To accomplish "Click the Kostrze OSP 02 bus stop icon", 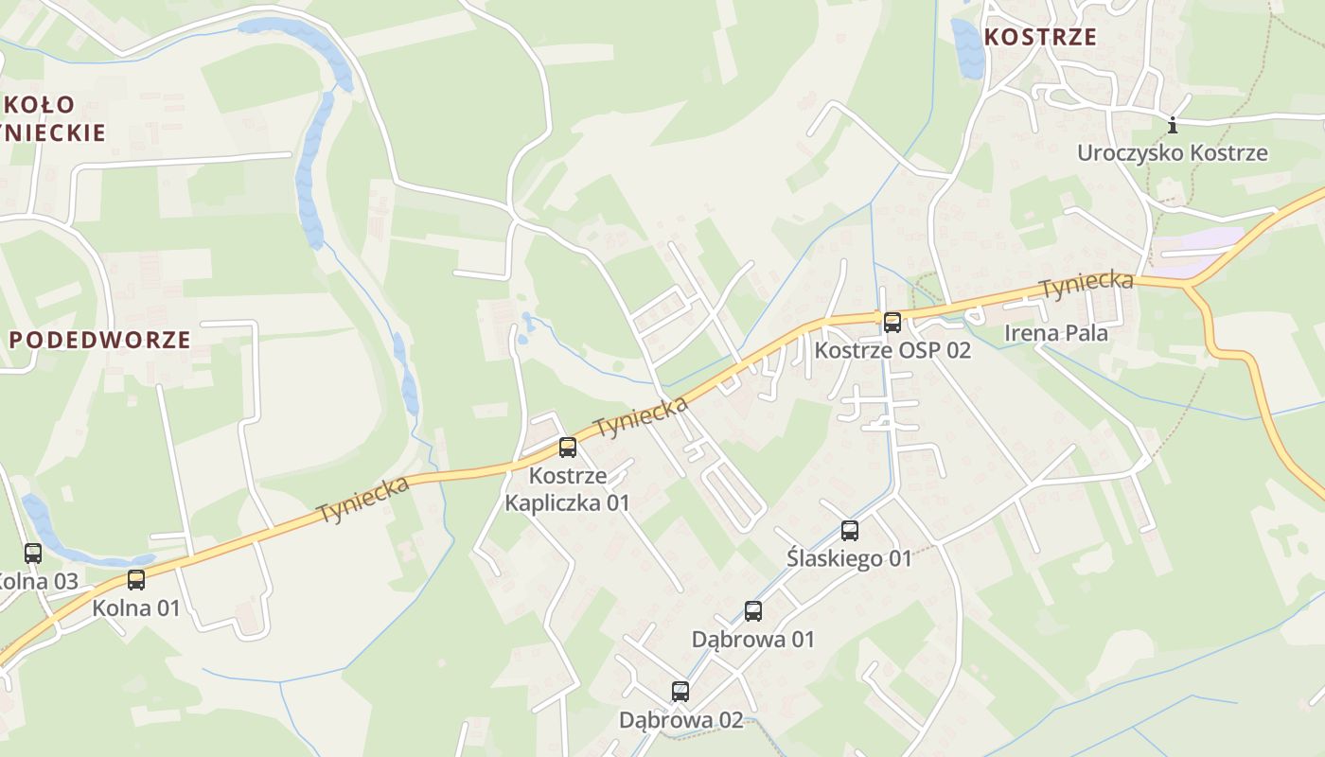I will pyautogui.click(x=892, y=323).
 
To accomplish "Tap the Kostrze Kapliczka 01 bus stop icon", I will pyautogui.click(x=568, y=448).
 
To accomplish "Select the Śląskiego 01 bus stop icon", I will pyautogui.click(x=850, y=531).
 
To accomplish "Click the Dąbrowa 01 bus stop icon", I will pyautogui.click(x=753, y=611).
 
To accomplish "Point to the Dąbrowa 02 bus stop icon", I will pyautogui.click(x=680, y=692).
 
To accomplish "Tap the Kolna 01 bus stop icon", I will pyautogui.click(x=136, y=580).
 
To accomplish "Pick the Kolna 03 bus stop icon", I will pyautogui.click(x=33, y=554).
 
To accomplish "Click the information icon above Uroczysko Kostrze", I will pyautogui.click(x=1173, y=125).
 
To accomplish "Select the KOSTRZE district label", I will pyautogui.click(x=1040, y=37).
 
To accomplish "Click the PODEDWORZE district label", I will pyautogui.click(x=100, y=340).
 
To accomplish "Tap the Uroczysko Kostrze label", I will pyautogui.click(x=1172, y=152).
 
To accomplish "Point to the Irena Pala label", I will pyautogui.click(x=1055, y=332).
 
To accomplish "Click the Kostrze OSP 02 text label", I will pyautogui.click(x=892, y=350).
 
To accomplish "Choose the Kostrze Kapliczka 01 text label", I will pyautogui.click(x=567, y=488).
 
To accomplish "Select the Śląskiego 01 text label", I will pyautogui.click(x=849, y=558).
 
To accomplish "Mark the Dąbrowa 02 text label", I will pyautogui.click(x=681, y=720).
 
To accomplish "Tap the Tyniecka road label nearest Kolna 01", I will pyautogui.click(x=363, y=499).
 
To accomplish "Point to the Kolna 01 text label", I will pyautogui.click(x=136, y=607).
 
